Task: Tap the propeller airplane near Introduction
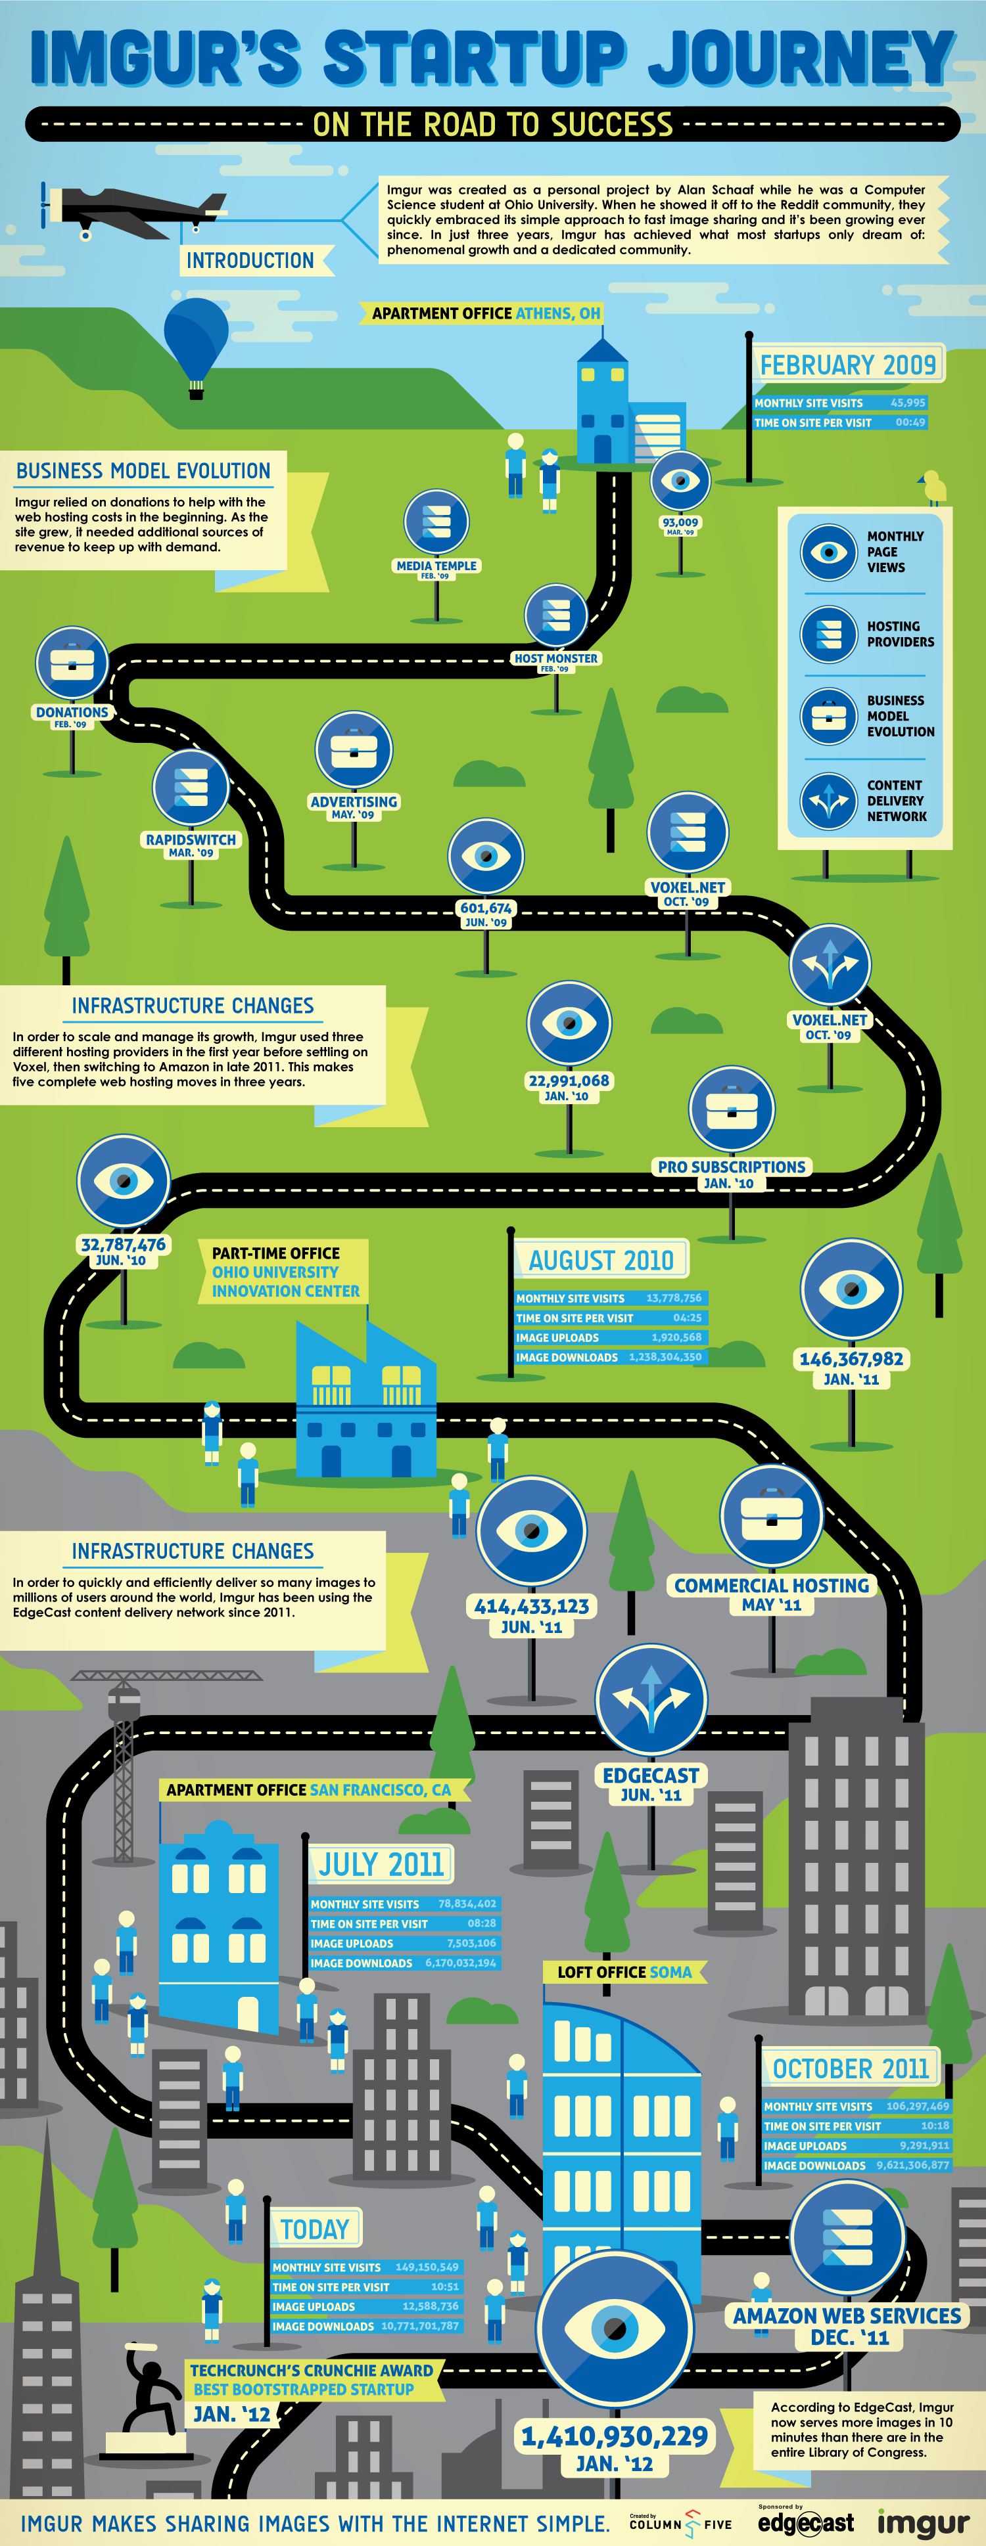pyautogui.click(x=133, y=210)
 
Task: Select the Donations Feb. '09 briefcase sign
pyautogui.click(x=72, y=662)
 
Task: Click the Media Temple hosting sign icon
pyautogui.click(x=436, y=522)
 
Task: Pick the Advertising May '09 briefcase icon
pyautogui.click(x=354, y=750)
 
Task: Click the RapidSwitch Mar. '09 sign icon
pyautogui.click(x=191, y=788)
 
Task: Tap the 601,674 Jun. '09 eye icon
pyautogui.click(x=486, y=856)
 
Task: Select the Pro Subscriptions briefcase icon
pyautogui.click(x=732, y=1109)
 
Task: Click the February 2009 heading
pyautogui.click(x=847, y=365)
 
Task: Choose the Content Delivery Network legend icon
pyautogui.click(x=829, y=801)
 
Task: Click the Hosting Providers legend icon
pyautogui.click(x=829, y=633)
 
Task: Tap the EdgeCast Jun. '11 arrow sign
pyautogui.click(x=651, y=1700)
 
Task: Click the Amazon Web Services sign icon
pyautogui.click(x=847, y=2237)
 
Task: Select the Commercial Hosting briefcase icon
pyautogui.click(x=772, y=1516)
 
